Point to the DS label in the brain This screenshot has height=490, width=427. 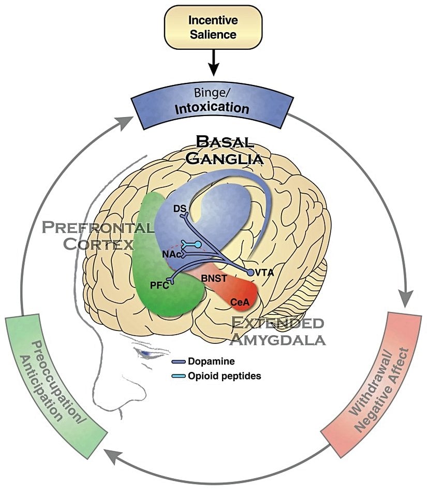(180, 208)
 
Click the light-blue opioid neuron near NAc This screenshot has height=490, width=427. (191, 244)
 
